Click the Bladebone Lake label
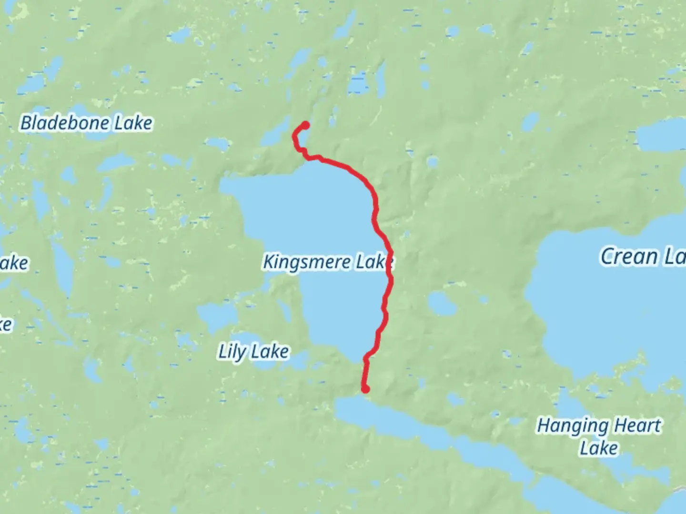click(86, 123)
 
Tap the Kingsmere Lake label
click(328, 262)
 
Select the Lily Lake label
click(253, 352)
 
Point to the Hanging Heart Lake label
click(599, 436)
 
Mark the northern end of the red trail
click(305, 125)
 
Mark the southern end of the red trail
click(365, 389)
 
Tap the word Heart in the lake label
click(637, 425)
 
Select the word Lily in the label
click(232, 352)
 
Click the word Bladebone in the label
click(59, 123)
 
